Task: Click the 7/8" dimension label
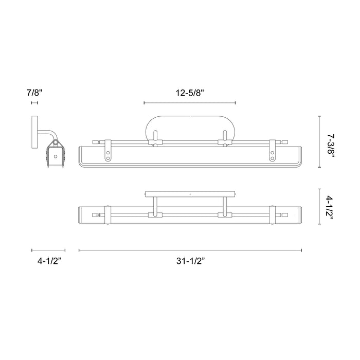click(35, 93)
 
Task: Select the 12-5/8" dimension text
click(190, 93)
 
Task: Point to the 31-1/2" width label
click(190, 261)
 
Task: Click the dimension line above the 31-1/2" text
click(190, 250)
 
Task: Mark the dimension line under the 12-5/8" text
click(190, 103)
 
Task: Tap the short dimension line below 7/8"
click(34, 103)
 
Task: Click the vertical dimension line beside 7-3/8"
click(320, 141)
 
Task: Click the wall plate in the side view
click(34, 132)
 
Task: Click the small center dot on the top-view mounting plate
click(190, 194)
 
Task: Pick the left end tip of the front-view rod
click(93, 140)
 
